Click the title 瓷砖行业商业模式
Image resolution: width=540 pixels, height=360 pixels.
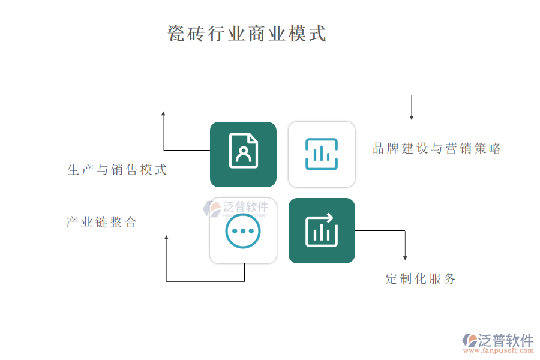pos(247,34)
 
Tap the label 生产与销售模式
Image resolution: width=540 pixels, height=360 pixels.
pos(118,170)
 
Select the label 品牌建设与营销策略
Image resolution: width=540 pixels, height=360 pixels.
pos(437,149)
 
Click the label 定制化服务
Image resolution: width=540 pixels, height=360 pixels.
pos(421,279)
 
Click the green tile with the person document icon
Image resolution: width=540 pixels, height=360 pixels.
pos(243,154)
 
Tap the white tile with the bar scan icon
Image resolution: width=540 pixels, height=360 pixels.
pos(322,154)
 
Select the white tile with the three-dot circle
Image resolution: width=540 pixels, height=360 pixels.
pos(243,230)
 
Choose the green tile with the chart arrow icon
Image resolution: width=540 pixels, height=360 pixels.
pos(322,230)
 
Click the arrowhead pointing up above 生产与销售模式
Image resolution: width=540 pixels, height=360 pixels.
pos(163,113)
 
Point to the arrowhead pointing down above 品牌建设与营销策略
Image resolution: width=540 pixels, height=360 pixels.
pos(412,116)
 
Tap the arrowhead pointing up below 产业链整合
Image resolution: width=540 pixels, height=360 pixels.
pos(166,238)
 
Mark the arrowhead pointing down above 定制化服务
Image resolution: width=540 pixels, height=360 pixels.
pos(405,257)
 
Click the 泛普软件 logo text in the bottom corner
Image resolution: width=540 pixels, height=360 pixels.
pos(505,341)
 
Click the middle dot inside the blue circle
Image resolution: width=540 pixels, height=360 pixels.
pos(243,231)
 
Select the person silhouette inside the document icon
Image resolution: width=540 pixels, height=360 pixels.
pos(243,153)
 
